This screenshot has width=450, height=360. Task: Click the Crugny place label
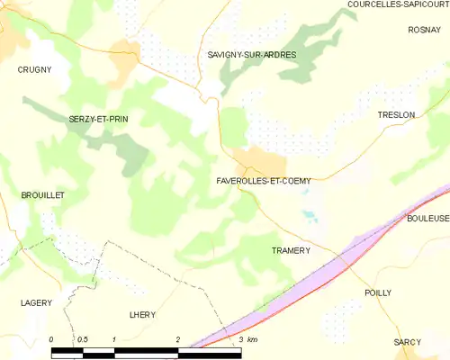click(34, 68)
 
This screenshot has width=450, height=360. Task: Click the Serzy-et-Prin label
click(98, 119)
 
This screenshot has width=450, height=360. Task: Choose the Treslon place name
click(396, 115)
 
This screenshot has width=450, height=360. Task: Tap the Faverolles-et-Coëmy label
click(264, 181)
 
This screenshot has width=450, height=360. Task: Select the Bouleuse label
click(427, 219)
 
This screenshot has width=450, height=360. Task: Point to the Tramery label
click(291, 250)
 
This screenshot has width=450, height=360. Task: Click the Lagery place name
click(36, 303)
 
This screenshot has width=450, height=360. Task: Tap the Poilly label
click(378, 293)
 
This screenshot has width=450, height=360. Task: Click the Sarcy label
click(408, 343)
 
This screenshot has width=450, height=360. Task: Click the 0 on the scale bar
click(51, 339)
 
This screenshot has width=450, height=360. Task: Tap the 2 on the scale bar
click(178, 339)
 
